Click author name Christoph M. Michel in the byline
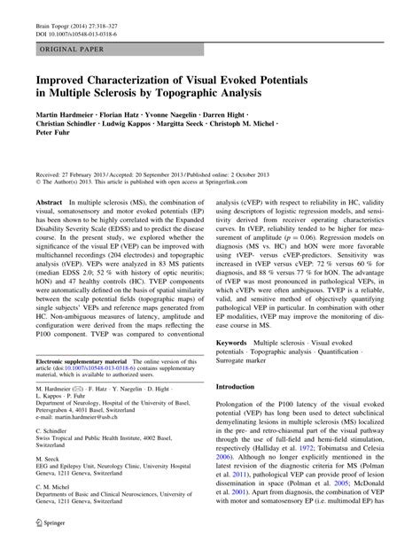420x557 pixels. tap(247, 127)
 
